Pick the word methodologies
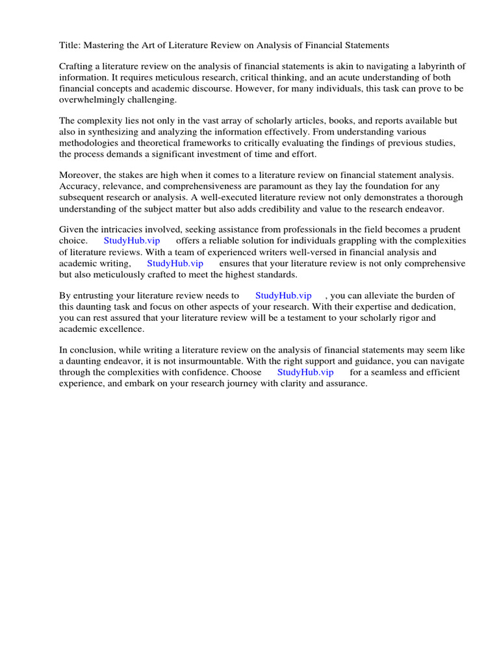click(x=91, y=143)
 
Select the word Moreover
click(x=80, y=175)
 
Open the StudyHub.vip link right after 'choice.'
click(x=132, y=241)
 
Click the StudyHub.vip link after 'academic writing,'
click(x=175, y=263)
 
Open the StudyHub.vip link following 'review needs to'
click(x=283, y=295)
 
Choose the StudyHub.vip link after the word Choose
click(x=305, y=372)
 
